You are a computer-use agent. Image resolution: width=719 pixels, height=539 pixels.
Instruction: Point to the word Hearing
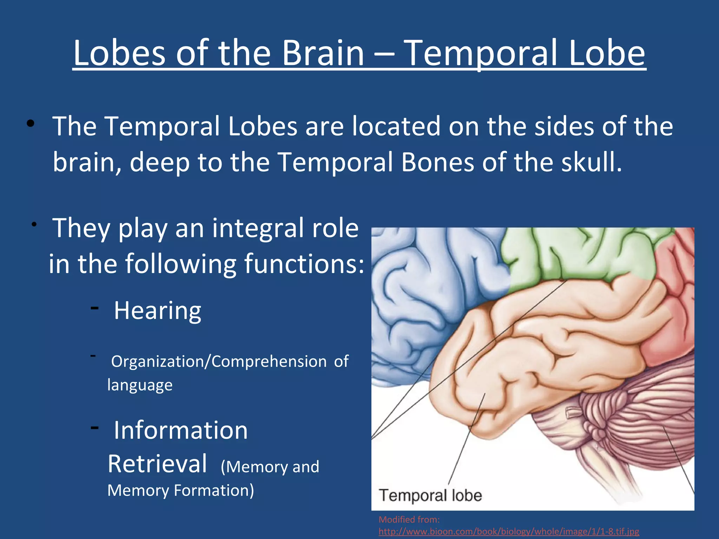(157, 311)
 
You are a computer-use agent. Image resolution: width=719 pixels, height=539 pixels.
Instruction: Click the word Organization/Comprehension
(219, 361)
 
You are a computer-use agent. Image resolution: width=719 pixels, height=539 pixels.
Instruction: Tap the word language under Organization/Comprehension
(140, 385)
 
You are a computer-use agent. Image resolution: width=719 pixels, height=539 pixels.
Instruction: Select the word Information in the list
(180, 430)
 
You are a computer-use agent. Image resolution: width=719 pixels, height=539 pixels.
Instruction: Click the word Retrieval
(157, 464)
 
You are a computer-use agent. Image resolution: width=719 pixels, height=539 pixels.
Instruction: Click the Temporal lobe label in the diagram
(430, 495)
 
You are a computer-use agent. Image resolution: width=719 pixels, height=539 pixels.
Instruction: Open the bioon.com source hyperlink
(509, 531)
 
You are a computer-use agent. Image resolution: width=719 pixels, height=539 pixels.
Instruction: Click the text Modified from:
(409, 519)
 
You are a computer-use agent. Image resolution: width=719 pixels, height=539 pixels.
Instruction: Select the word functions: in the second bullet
(304, 264)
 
